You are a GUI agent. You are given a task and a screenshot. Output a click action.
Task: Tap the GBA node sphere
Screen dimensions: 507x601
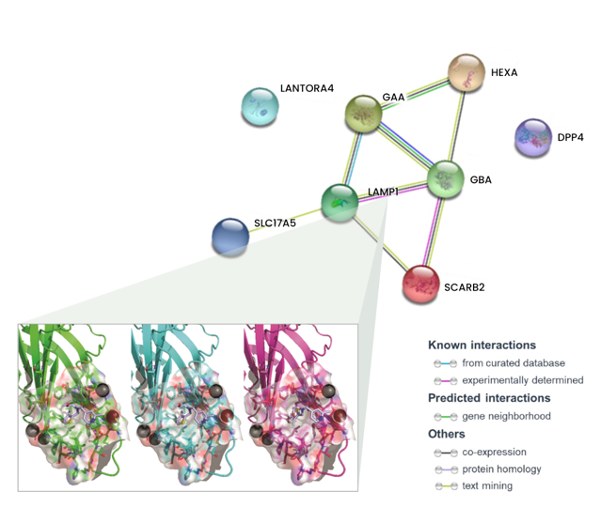446,179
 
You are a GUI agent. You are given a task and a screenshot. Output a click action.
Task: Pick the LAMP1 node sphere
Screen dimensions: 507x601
340,201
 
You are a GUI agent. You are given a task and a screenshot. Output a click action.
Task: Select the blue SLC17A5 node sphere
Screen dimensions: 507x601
230,236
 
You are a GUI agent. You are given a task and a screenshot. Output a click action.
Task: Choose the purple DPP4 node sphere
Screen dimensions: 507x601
533,138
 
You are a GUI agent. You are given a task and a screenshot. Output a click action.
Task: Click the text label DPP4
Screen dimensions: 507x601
571,137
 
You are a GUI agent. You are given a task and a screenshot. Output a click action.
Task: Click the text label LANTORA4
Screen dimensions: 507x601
307,89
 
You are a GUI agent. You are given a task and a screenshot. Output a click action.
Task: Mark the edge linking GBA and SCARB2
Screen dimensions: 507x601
435,231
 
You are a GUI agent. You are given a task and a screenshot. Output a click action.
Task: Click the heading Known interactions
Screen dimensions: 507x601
482,345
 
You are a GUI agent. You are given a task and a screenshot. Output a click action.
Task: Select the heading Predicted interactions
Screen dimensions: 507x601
488,398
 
